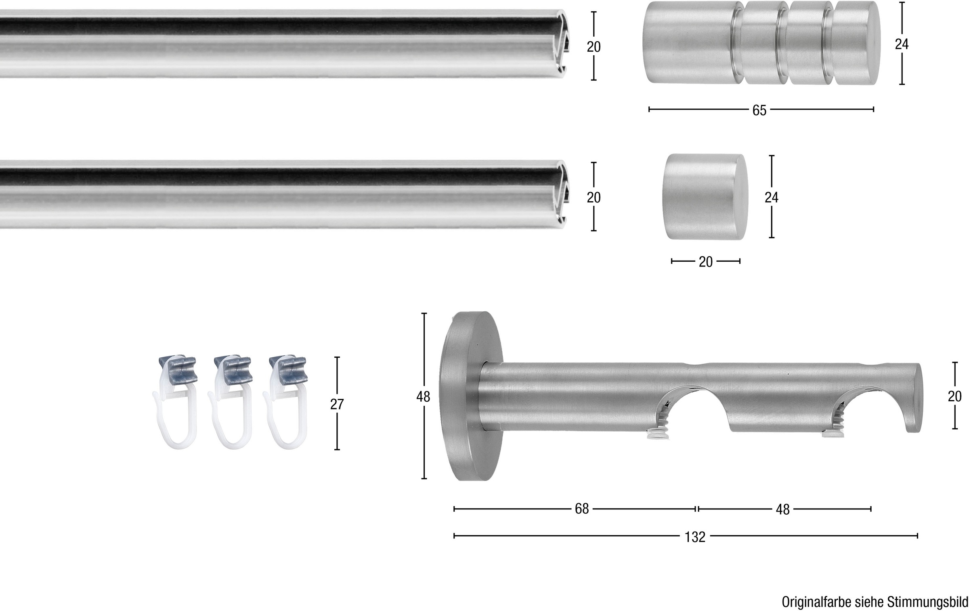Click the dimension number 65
(759, 110)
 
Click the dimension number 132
(695, 537)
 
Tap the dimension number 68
(582, 509)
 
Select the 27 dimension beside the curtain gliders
(337, 404)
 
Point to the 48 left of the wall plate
(424, 397)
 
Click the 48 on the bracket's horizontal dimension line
(782, 510)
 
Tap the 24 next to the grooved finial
(902, 44)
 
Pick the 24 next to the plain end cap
(772, 197)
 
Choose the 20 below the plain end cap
(706, 262)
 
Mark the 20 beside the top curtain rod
(594, 47)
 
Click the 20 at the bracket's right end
(955, 396)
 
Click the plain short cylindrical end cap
(705, 196)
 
